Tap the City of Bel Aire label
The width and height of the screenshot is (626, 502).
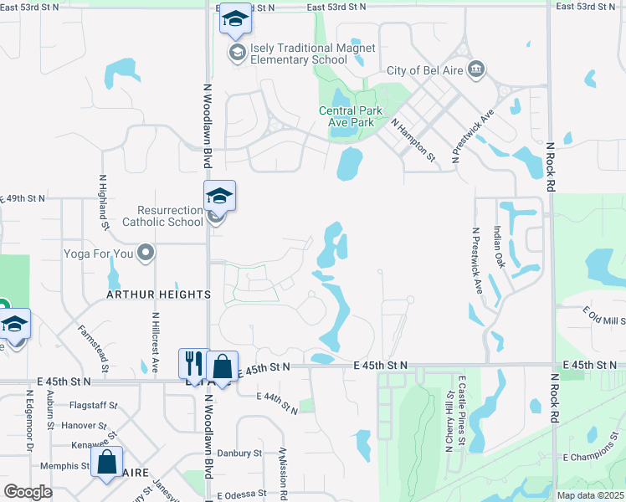(x=424, y=69)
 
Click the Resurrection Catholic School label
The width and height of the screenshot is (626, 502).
(x=162, y=216)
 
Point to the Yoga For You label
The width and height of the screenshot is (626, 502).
(x=99, y=253)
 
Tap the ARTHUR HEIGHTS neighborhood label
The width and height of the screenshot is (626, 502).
(x=158, y=295)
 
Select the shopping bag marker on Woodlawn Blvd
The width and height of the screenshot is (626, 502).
(x=223, y=365)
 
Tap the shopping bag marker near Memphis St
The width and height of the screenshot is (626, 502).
(x=107, y=462)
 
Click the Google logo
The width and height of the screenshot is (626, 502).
(x=28, y=492)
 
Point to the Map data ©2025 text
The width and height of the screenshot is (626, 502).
(x=590, y=495)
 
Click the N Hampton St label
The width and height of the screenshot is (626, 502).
(x=413, y=139)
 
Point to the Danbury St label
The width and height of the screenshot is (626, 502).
(x=239, y=453)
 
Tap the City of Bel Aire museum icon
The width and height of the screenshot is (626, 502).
(x=476, y=68)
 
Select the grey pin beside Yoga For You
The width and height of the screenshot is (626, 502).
(x=146, y=252)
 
